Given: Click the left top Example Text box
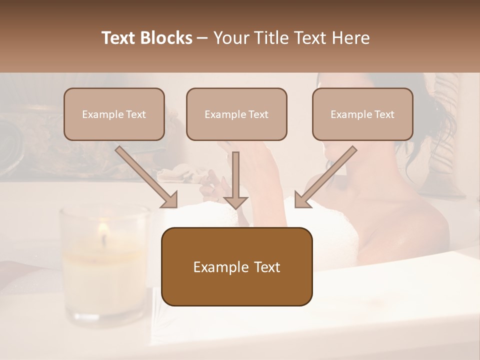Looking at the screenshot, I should pos(114,114).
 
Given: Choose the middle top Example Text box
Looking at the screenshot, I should pos(236,114).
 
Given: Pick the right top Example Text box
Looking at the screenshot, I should pos(362,114).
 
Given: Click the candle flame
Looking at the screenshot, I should pos(103,229).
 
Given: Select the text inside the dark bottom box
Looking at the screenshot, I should pos(236,267).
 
